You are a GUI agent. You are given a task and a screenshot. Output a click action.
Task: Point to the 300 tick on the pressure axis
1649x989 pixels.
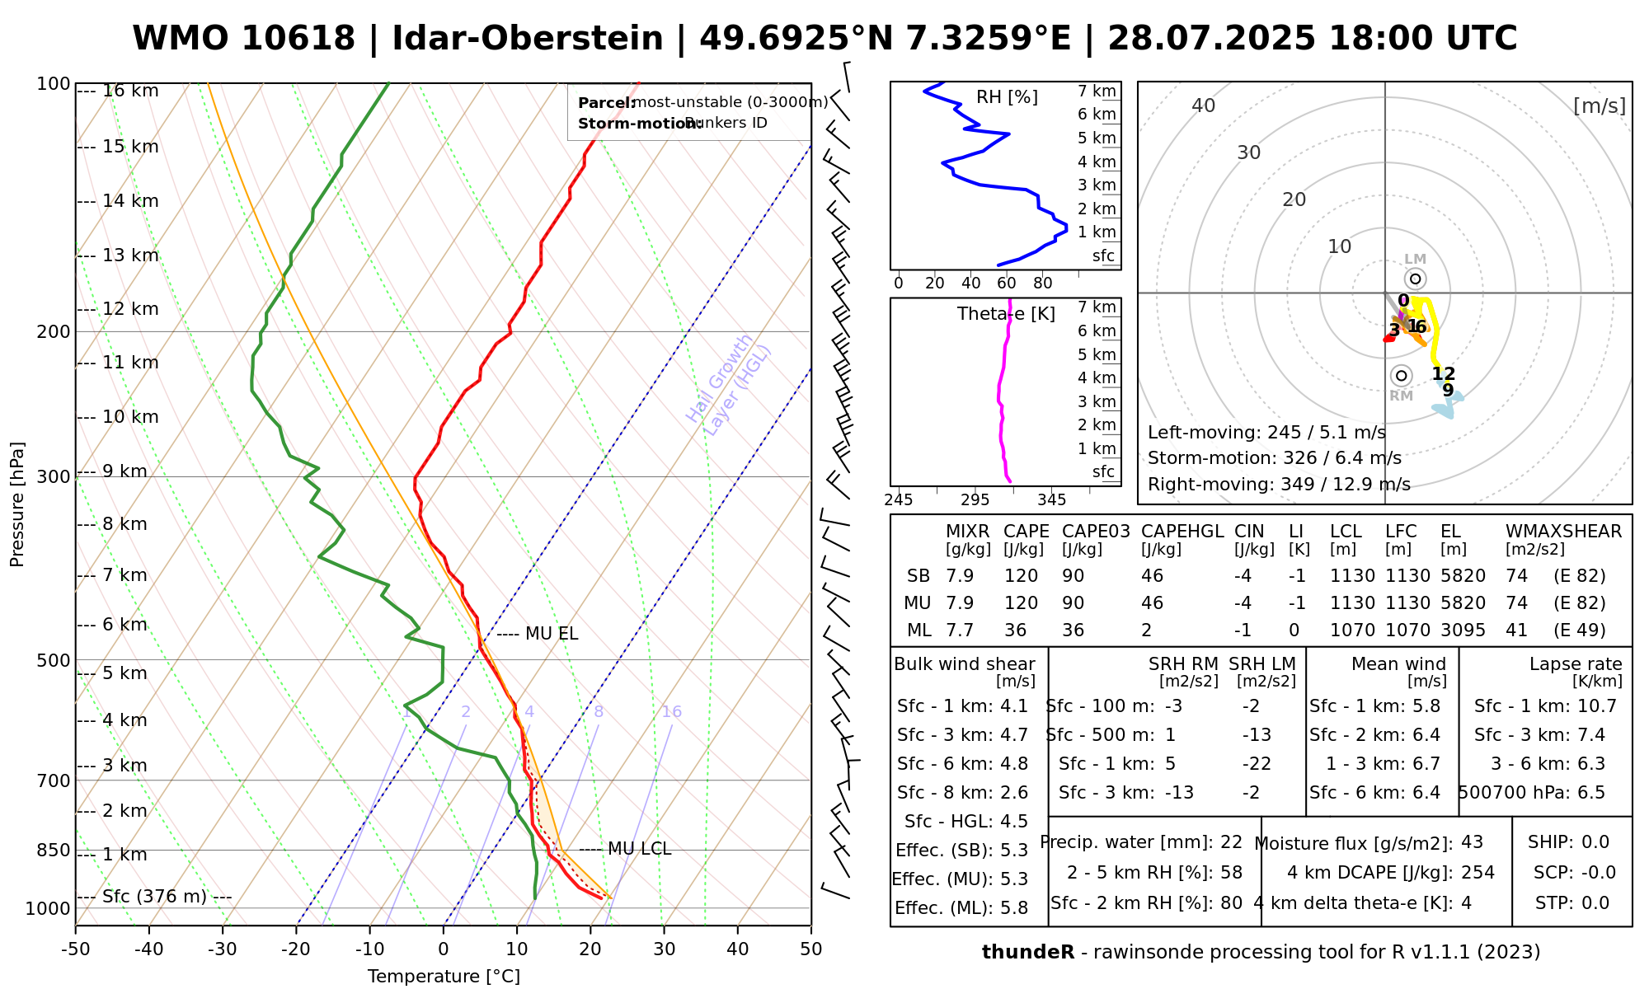(54, 477)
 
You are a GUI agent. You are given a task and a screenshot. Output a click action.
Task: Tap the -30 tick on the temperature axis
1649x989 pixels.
(223, 949)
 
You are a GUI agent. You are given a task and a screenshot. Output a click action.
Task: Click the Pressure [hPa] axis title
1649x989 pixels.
(17, 504)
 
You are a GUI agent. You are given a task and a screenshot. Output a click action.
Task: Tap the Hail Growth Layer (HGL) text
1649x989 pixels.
(729, 385)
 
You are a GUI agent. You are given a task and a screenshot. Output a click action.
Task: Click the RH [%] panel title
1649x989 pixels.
(1007, 97)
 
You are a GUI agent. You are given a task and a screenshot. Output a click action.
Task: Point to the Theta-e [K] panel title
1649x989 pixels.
(1006, 314)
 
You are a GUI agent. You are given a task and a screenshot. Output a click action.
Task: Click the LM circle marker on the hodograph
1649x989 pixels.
(1416, 279)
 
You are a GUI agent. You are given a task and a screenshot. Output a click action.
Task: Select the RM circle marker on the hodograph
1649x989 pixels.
(1401, 376)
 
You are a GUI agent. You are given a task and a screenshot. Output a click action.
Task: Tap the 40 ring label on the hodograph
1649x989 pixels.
(1204, 105)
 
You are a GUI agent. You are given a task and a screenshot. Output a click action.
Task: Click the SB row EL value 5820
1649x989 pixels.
(1463, 576)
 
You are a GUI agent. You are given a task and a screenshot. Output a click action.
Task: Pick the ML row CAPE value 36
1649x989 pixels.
(1015, 630)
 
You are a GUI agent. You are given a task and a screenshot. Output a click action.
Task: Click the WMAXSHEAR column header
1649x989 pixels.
(1563, 532)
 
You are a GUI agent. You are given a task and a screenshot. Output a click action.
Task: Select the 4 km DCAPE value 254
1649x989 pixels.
(1478, 873)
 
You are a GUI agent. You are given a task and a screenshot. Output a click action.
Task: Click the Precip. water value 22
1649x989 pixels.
(1231, 842)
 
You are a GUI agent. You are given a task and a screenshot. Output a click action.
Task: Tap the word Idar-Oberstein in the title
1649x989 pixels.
(528, 39)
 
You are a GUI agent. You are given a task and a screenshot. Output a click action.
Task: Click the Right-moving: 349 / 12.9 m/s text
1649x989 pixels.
(1279, 485)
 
